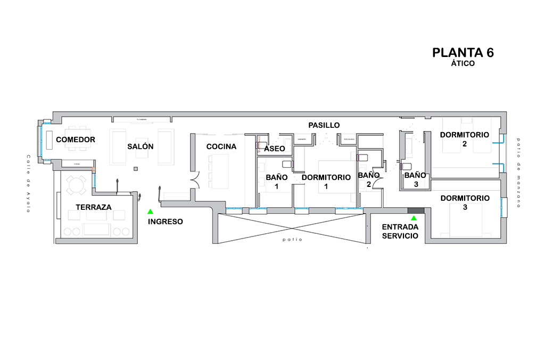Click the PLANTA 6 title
(463, 53)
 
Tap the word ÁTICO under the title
(463, 63)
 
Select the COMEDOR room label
(76, 140)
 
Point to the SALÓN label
(141, 146)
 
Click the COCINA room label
(221, 146)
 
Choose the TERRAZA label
(94, 207)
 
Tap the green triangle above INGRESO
(151, 211)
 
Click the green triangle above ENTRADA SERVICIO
(414, 218)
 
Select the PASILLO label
(324, 125)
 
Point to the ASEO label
(275, 149)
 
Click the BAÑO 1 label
(277, 181)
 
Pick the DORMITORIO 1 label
(326, 181)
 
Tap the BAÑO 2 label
(369, 179)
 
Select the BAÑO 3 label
(415, 179)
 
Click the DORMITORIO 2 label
(464, 139)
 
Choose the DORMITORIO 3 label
(465, 202)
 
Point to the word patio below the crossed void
(293, 240)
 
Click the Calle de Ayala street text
(28, 184)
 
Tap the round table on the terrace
(76, 186)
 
